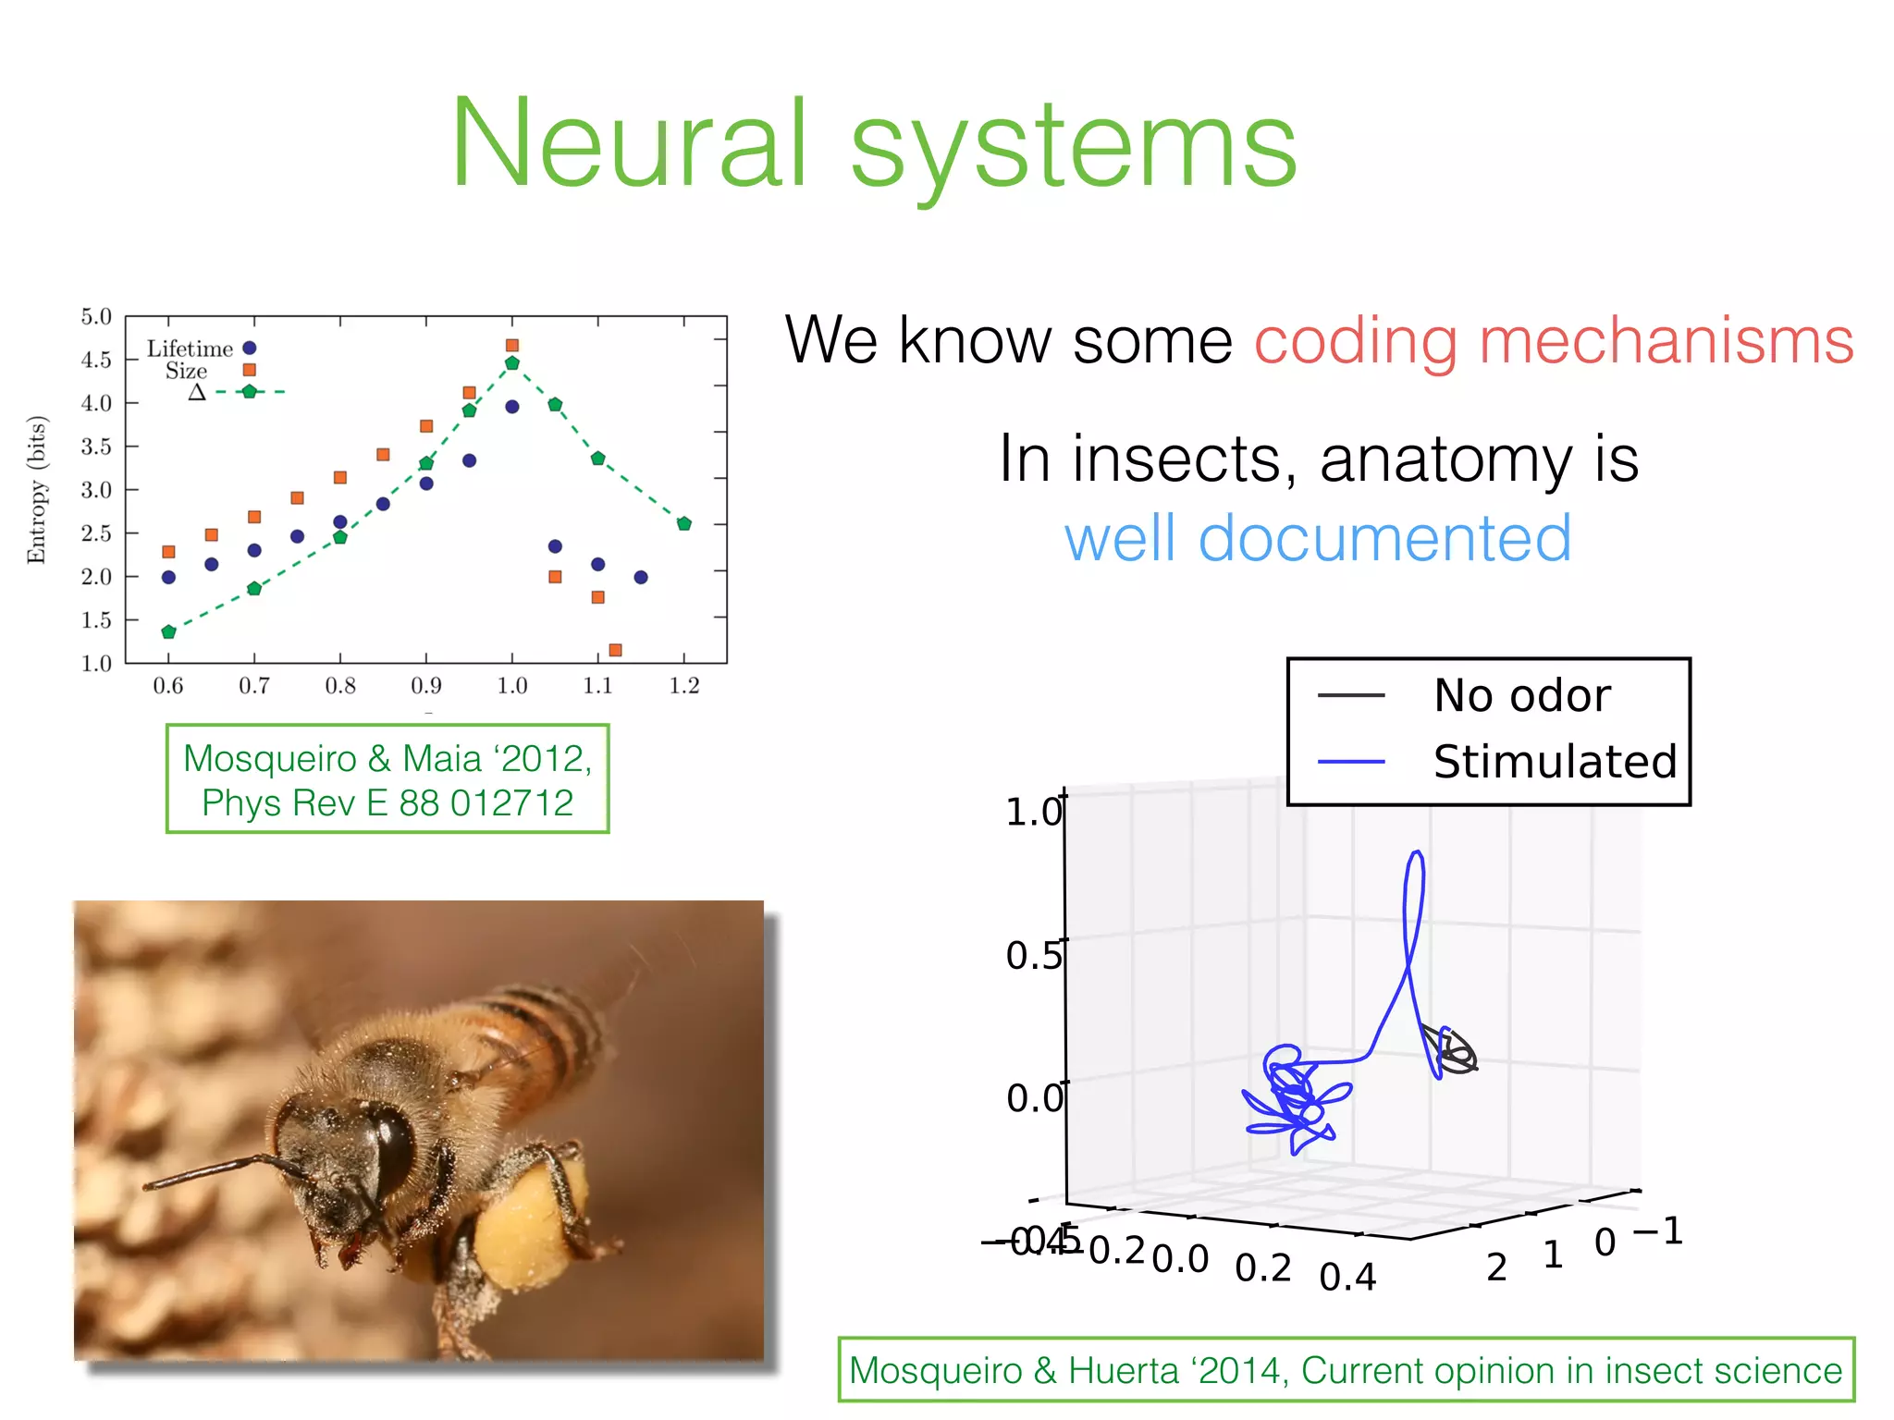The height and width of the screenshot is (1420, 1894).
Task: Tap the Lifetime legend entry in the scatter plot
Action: pos(191,349)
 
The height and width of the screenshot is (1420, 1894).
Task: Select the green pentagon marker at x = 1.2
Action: pos(684,523)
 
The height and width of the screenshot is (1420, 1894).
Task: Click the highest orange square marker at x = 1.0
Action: pos(512,345)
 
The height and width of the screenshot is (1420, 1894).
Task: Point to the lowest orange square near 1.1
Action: pos(615,650)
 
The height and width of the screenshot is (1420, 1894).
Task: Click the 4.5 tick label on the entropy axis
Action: pos(96,360)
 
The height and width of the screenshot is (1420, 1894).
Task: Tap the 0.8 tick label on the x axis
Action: pos(340,686)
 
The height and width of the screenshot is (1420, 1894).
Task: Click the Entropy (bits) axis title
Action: pos(36,489)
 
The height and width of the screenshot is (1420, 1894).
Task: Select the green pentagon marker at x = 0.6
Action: pos(168,632)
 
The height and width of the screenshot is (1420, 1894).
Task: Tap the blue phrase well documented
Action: pos(1317,538)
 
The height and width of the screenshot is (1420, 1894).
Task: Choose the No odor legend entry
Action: pos(1521,695)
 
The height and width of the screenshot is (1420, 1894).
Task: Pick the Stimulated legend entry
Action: pos(1554,762)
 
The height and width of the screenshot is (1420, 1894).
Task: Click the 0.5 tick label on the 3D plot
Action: pos(1032,956)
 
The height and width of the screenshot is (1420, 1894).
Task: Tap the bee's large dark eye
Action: pos(392,1151)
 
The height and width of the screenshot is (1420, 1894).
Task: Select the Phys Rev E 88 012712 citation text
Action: pos(387,802)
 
